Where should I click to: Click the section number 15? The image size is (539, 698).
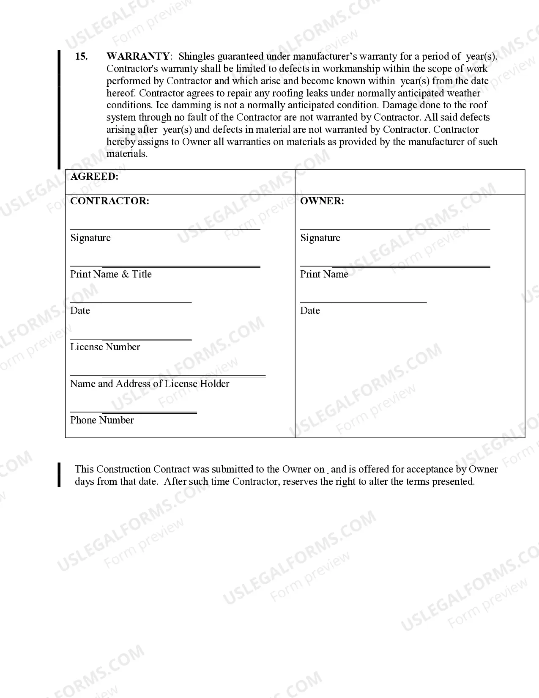click(x=81, y=56)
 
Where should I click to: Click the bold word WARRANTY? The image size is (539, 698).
click(x=138, y=56)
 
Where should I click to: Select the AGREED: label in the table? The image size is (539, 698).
click(x=94, y=177)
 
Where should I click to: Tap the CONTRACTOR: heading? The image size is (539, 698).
click(x=109, y=201)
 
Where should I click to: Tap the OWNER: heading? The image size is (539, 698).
click(x=322, y=201)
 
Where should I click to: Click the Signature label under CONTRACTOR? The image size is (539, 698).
click(x=90, y=238)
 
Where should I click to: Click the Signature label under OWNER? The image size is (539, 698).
click(x=320, y=238)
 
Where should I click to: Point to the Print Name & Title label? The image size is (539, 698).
click(x=111, y=274)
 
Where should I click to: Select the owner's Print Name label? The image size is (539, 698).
click(x=324, y=274)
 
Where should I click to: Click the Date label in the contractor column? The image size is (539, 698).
click(x=80, y=311)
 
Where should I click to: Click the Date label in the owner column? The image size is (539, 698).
click(x=310, y=311)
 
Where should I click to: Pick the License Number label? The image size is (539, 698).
click(x=105, y=347)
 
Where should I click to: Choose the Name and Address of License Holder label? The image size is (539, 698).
click(x=150, y=384)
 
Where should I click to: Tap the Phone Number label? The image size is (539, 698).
click(x=102, y=420)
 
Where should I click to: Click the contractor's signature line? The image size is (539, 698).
click(x=165, y=229)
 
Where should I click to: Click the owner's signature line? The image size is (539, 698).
click(x=395, y=229)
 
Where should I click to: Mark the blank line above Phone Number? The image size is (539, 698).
click(x=133, y=412)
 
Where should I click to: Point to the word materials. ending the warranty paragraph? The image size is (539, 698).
click(x=127, y=154)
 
